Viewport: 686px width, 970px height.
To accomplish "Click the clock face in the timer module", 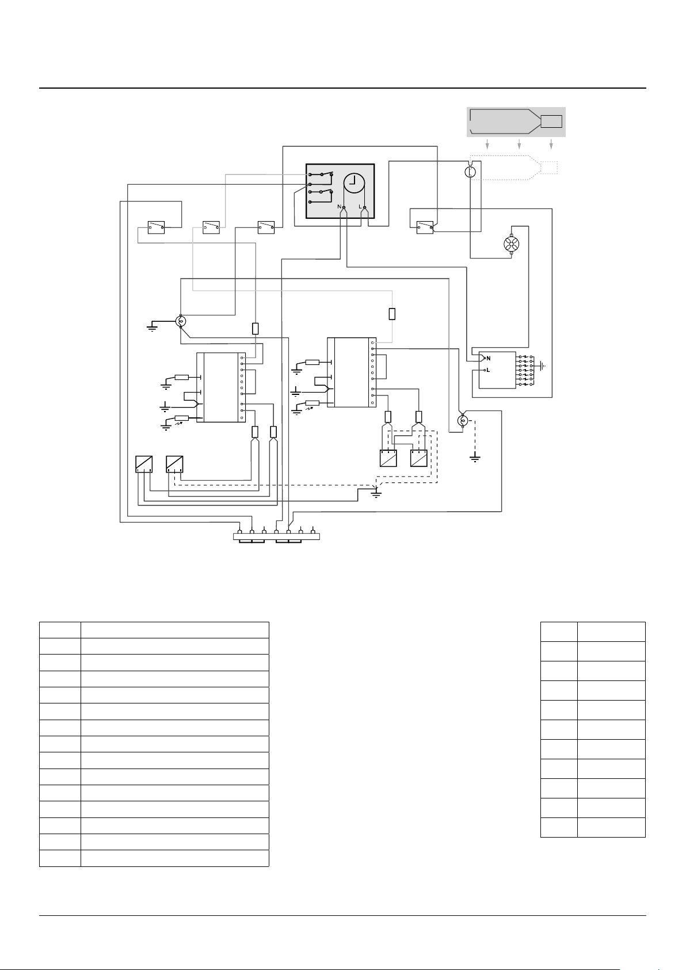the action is [355, 183].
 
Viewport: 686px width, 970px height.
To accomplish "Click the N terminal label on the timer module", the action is [340, 207].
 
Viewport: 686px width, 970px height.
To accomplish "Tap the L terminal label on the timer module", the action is [360, 207].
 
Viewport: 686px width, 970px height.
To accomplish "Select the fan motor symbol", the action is [512, 244].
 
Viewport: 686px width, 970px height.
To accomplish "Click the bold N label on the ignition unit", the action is [489, 359].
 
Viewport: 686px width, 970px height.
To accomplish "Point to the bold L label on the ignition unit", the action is [488, 370].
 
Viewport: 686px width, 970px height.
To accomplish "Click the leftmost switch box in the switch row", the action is [156, 227].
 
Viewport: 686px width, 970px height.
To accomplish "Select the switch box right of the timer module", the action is [425, 227].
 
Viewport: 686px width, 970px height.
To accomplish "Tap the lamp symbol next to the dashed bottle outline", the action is [470, 172].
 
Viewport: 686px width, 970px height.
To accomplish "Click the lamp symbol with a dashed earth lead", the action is [463, 420].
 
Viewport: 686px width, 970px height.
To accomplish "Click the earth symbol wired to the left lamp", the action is [152, 326].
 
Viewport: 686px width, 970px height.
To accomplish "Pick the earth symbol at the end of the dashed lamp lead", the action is [475, 458].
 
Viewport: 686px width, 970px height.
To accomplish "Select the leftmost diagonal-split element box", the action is [144, 464].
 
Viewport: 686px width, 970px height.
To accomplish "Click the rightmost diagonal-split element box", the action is [419, 459].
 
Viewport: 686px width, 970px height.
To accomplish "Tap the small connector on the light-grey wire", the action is [392, 314].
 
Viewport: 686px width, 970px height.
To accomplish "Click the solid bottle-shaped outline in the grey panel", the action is [516, 121].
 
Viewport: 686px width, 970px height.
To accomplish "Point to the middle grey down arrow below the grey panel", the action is [519, 144].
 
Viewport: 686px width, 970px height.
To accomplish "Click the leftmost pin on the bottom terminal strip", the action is [240, 531].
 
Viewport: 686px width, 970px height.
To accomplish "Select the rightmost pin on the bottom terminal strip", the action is [313, 531].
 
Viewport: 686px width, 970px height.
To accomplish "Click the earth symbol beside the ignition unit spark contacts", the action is [542, 366].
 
